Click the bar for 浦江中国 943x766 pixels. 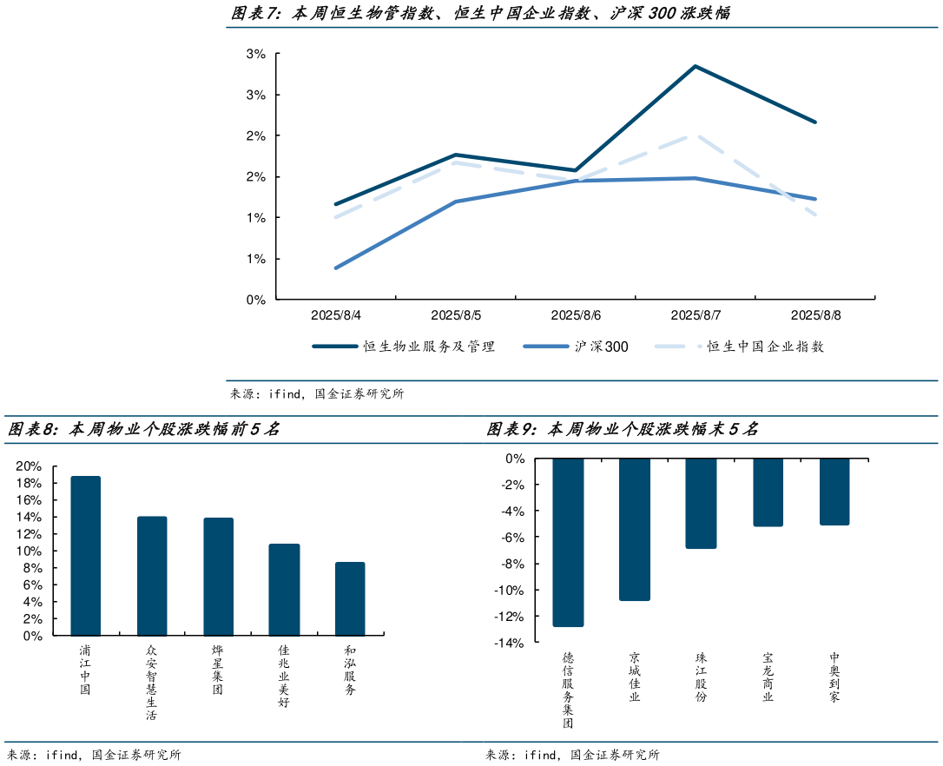(85, 556)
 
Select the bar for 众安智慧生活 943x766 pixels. (152, 576)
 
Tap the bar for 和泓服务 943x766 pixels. (350, 598)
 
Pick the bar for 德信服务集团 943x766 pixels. (568, 542)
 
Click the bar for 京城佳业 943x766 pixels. (635, 529)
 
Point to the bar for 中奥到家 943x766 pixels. (834, 492)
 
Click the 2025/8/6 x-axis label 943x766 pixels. (576, 315)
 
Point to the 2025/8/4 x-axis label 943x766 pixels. (336, 315)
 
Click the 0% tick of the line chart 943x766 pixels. (256, 300)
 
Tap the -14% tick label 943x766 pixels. (510, 644)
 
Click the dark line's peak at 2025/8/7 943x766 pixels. (696, 66)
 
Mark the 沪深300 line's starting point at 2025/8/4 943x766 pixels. (336, 267)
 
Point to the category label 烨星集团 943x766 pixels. (218, 670)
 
